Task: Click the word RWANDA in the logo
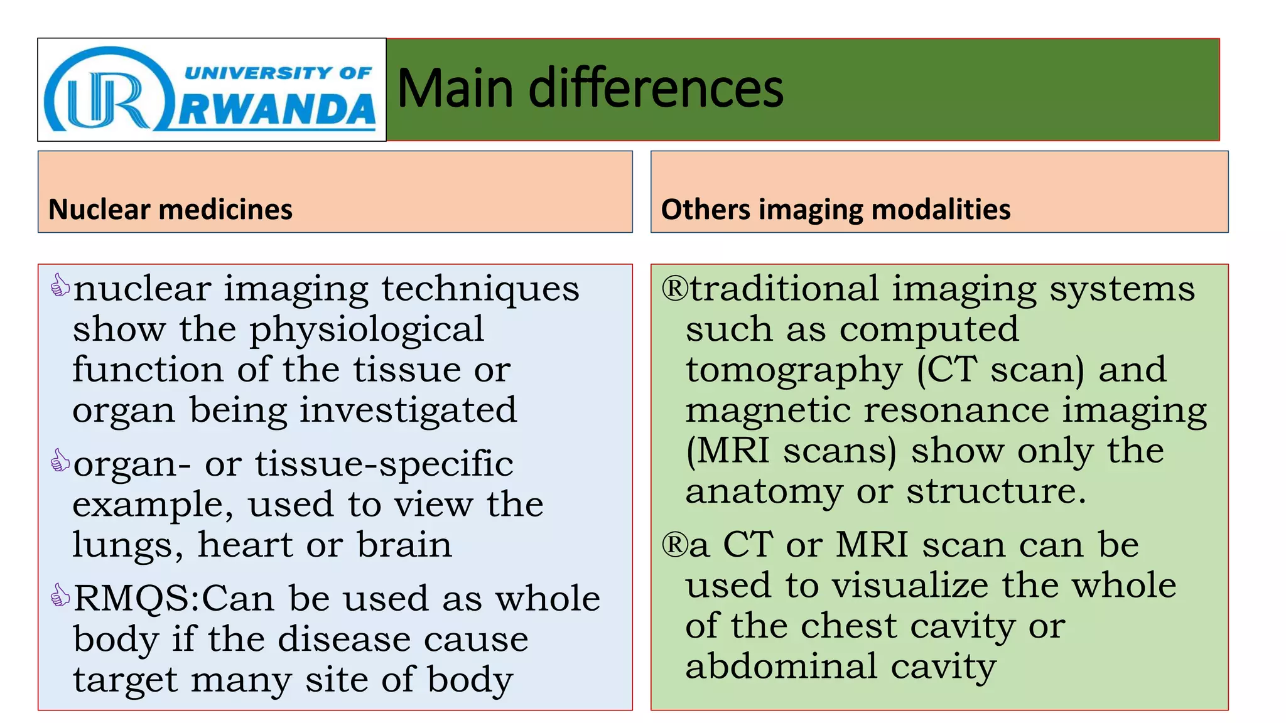pos(277,110)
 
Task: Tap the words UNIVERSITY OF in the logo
pos(278,73)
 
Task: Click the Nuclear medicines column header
pos(170,209)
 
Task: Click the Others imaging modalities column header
pos(835,209)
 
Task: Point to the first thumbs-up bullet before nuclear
pos(60,286)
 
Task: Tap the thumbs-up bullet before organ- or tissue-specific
pos(60,461)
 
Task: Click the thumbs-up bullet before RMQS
pos(60,596)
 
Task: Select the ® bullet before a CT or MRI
pos(675,544)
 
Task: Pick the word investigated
pos(408,411)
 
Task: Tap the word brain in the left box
pos(404,545)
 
